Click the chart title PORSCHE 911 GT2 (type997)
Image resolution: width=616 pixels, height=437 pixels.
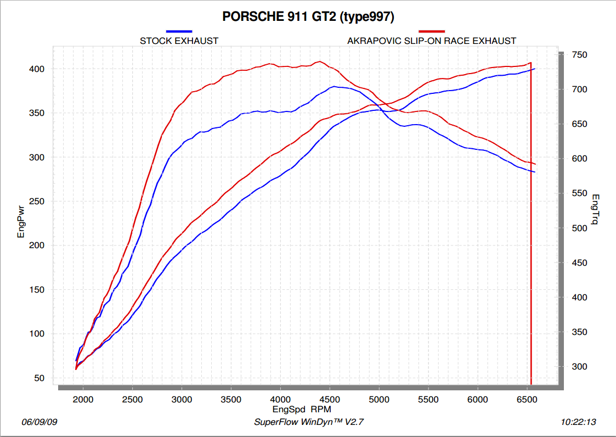coord(308,16)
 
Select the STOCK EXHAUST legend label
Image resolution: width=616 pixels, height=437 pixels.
coord(179,41)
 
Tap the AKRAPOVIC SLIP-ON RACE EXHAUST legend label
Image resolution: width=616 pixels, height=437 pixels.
coord(432,41)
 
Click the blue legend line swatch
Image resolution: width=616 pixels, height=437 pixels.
coord(179,31)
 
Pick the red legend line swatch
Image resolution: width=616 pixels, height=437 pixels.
coord(432,31)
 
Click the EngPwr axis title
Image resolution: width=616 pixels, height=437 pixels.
coord(21,222)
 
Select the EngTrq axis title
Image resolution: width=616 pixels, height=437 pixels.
coord(596,210)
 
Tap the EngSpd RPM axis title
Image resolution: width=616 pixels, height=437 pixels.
coord(302,409)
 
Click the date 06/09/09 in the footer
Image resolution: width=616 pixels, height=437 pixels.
coord(40,422)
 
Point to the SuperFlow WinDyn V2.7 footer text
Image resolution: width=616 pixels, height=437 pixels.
coord(309,422)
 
